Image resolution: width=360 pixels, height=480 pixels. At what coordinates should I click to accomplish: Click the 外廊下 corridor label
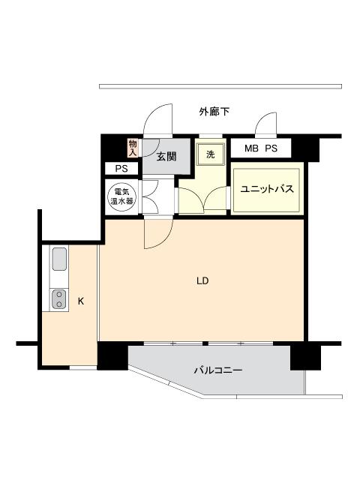214,112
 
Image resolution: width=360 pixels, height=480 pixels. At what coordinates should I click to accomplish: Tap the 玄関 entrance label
166,157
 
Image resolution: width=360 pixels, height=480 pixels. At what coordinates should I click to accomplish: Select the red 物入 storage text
133,148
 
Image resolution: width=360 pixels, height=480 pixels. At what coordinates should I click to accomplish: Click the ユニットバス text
266,190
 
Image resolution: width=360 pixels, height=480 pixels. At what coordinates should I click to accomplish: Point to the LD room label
202,281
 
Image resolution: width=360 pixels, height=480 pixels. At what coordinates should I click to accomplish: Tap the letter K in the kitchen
80,301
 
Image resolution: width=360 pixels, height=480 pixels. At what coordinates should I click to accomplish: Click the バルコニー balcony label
217,369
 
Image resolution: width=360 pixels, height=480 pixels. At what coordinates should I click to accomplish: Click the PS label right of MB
271,148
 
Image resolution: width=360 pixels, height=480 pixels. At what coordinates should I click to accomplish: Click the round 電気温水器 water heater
122,196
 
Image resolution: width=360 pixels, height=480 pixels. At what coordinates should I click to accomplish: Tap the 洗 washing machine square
209,154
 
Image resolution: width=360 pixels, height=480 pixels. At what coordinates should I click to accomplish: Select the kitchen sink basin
59,261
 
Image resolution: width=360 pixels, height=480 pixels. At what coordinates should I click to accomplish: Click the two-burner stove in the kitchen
58,299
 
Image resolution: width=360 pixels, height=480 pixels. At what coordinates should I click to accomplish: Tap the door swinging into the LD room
157,234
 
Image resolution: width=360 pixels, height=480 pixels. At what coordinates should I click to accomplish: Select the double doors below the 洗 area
202,199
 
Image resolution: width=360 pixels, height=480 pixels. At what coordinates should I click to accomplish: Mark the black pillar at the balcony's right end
304,355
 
